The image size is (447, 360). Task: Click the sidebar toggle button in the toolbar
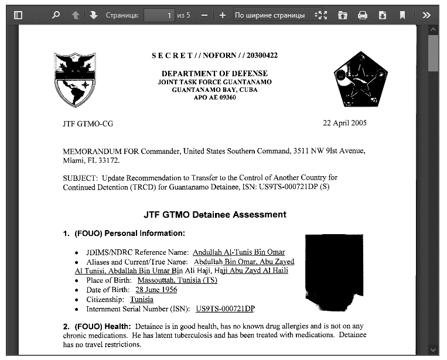coord(18,15)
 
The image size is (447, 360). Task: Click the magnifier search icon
coord(56,15)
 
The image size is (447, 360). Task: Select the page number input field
coord(159,15)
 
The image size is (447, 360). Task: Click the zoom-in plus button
coord(223,15)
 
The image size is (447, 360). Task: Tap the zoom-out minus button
coord(204,15)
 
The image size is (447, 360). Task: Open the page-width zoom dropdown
coord(279,15)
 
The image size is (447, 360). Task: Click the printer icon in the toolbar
coord(363,15)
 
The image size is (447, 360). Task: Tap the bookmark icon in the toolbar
coord(402,15)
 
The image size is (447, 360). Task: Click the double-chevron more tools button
coord(426,15)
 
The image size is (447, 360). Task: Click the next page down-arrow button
coord(94,15)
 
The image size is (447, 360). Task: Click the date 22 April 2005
coord(345,124)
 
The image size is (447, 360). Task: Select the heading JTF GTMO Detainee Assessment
coord(215,214)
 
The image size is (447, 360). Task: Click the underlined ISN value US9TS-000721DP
coord(225,308)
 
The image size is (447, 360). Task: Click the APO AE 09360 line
coord(214,98)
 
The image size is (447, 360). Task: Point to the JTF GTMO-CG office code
coord(88,124)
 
